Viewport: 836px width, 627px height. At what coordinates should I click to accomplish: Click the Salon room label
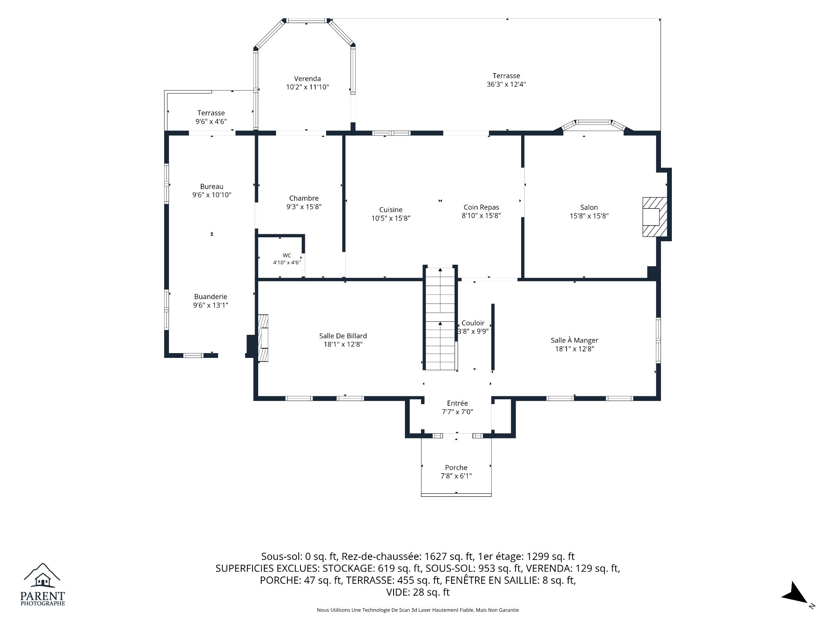coord(589,208)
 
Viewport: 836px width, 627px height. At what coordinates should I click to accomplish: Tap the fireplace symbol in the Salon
coord(655,217)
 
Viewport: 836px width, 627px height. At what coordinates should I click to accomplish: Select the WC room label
coord(287,256)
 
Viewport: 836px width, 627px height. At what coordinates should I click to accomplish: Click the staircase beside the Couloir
coord(441,319)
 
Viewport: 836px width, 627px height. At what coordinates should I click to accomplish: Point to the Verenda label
coord(307,79)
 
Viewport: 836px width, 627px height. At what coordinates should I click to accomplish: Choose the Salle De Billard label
coord(343,336)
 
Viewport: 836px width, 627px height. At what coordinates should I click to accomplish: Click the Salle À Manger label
coord(574,340)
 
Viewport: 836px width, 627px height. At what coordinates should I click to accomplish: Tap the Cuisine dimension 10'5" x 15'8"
coord(391,218)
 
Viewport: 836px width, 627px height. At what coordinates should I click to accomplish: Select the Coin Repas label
coord(481,207)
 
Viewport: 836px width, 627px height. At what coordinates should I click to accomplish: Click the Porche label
coord(456,468)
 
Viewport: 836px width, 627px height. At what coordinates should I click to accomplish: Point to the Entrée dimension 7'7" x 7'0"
coord(457,412)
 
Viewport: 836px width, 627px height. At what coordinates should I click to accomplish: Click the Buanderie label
coord(211,297)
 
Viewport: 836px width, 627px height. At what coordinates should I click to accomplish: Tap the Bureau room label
coord(212,187)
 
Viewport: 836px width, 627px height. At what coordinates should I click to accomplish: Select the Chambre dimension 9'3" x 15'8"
coord(304,207)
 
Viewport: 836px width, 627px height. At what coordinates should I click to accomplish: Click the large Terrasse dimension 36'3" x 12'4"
coord(506,84)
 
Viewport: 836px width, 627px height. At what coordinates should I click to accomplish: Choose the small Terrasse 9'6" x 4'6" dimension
coord(211,122)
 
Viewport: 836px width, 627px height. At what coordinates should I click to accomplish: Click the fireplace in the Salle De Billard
coord(263,338)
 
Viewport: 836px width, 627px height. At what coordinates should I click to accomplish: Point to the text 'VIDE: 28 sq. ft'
coord(418,592)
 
